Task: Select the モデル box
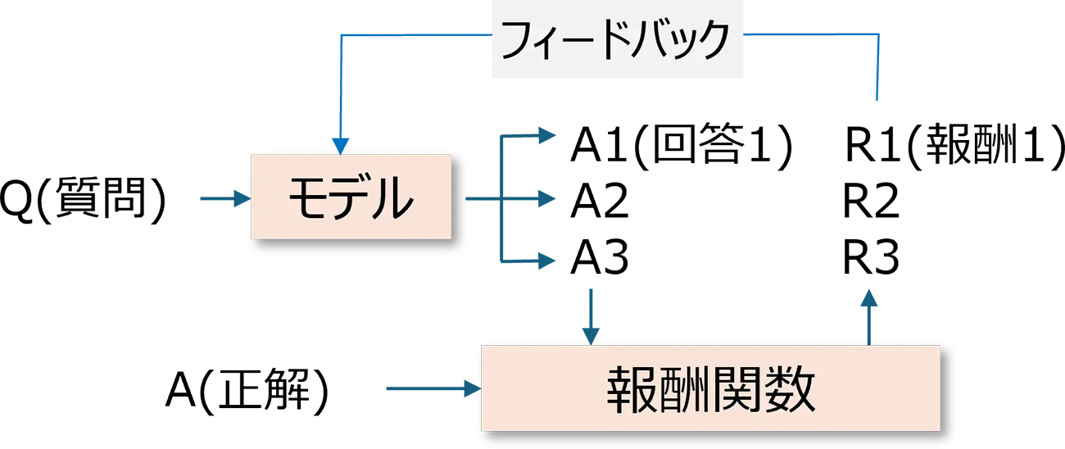351,197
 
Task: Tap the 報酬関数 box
709,388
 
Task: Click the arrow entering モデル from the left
223,197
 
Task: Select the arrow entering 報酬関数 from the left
430,388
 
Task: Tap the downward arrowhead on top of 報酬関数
589,336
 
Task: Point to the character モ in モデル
308,197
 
